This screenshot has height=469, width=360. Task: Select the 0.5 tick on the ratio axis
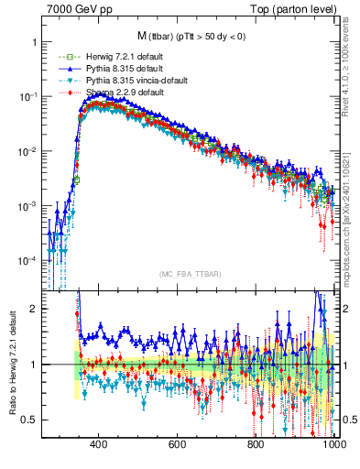[x=31, y=420]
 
